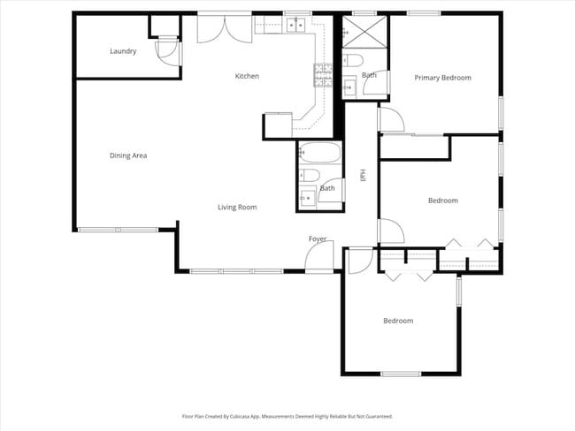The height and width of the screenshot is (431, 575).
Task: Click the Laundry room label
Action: point(123,51)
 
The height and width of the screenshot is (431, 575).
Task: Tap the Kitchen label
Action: point(247,76)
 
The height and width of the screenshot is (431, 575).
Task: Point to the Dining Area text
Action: point(128,155)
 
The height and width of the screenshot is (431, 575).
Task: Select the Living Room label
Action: point(237,208)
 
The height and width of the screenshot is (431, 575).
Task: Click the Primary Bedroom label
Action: point(442,78)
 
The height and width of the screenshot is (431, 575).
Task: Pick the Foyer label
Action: point(318,239)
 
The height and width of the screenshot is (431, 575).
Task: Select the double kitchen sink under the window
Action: point(295,25)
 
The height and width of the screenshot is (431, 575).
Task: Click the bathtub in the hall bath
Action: point(318,154)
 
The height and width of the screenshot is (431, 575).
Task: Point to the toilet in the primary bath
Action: point(352,61)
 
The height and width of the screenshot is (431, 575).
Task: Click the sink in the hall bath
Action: point(308,199)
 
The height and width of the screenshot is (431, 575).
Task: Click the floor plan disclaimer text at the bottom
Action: point(287,415)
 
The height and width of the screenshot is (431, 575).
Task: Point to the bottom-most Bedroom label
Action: point(397,321)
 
